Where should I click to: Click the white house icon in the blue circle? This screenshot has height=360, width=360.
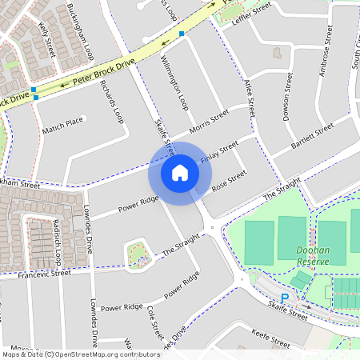(180, 173)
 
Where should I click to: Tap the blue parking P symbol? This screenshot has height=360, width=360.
(284, 298)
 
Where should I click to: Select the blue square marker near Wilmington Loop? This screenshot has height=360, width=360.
(182, 34)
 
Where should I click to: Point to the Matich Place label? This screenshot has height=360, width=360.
(63, 122)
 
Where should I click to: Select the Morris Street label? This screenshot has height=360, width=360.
(210, 122)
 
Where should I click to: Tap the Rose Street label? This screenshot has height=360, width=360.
(230, 182)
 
